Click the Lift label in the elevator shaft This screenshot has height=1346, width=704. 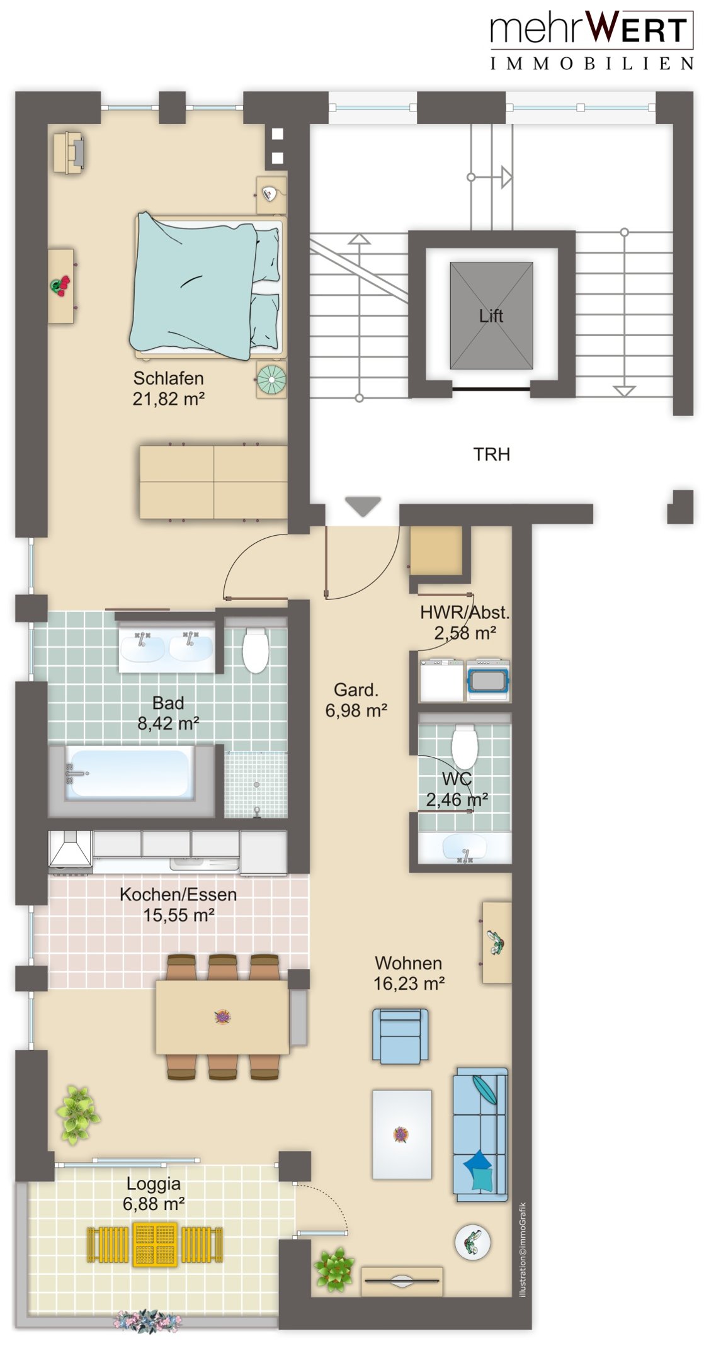pyautogui.click(x=491, y=315)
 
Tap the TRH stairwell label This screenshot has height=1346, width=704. pyautogui.click(x=491, y=454)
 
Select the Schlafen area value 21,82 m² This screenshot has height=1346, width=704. pyautogui.click(x=168, y=399)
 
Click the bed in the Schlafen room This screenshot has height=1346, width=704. pyautogui.click(x=208, y=286)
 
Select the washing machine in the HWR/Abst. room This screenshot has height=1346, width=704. pyautogui.click(x=487, y=680)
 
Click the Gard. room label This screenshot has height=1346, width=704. pyautogui.click(x=356, y=690)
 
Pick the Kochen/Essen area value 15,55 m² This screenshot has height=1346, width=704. pyautogui.click(x=179, y=915)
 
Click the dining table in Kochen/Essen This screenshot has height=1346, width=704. pyautogui.click(x=222, y=1017)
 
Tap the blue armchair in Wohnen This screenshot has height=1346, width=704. pyautogui.click(x=400, y=1036)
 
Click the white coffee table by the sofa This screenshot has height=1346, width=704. pyautogui.click(x=402, y=1134)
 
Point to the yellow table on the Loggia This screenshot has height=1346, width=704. pyautogui.click(x=155, y=1244)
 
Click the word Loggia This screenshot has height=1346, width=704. pyautogui.click(x=153, y=1184)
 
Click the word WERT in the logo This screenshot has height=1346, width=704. pyautogui.click(x=639, y=28)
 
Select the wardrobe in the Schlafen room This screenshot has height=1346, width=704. pyautogui.click(x=213, y=482)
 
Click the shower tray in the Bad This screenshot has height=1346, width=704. pyautogui.click(x=256, y=784)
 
